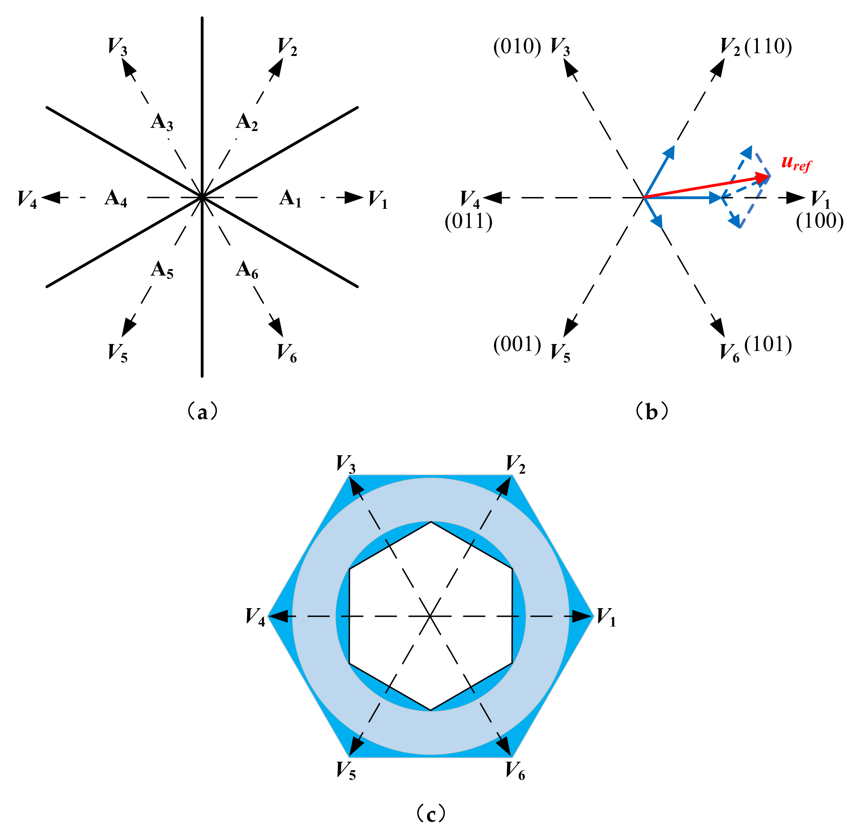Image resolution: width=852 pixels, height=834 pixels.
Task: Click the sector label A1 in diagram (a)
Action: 290,198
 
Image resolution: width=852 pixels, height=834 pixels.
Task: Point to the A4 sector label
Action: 116,198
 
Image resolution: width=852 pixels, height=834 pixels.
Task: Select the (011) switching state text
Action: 468,221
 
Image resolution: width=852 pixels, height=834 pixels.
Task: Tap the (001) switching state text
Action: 517,344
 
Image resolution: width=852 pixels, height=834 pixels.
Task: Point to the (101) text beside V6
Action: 768,344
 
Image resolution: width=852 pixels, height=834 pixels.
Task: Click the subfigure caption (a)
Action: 202,412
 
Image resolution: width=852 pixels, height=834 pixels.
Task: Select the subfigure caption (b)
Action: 652,412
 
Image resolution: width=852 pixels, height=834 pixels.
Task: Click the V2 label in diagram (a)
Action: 287,47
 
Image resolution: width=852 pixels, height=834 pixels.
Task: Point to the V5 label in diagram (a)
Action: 118,353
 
